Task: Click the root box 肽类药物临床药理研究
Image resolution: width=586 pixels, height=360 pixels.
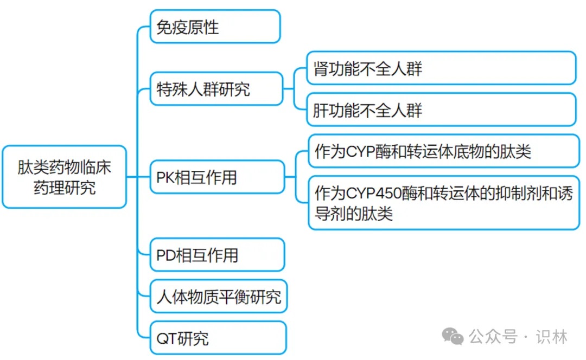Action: pos(64,177)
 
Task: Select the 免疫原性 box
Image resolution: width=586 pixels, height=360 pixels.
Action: pos(215,27)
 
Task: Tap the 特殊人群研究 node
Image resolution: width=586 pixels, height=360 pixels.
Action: pos(216,89)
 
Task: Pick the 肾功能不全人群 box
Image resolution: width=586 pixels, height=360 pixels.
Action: pos(441,68)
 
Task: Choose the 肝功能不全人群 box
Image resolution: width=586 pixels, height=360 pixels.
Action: pos(441,110)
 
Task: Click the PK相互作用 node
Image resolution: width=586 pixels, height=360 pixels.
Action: pos(217,177)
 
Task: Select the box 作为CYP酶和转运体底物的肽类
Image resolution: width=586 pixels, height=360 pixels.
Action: pos(444,151)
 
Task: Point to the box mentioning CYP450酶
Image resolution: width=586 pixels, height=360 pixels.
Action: pos(444,203)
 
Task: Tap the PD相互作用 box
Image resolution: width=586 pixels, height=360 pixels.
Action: pos(217,255)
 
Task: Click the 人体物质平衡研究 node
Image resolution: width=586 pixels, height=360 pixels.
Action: pos(219,297)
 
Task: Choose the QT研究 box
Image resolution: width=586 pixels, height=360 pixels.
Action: pos(218,338)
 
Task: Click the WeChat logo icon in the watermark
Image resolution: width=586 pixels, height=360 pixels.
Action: pos(453,337)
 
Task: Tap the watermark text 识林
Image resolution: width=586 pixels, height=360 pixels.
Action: pos(552,337)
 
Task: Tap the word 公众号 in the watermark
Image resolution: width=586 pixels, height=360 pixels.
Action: pos(493,337)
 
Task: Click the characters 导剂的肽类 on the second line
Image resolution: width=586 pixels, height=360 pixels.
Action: pos(354,214)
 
